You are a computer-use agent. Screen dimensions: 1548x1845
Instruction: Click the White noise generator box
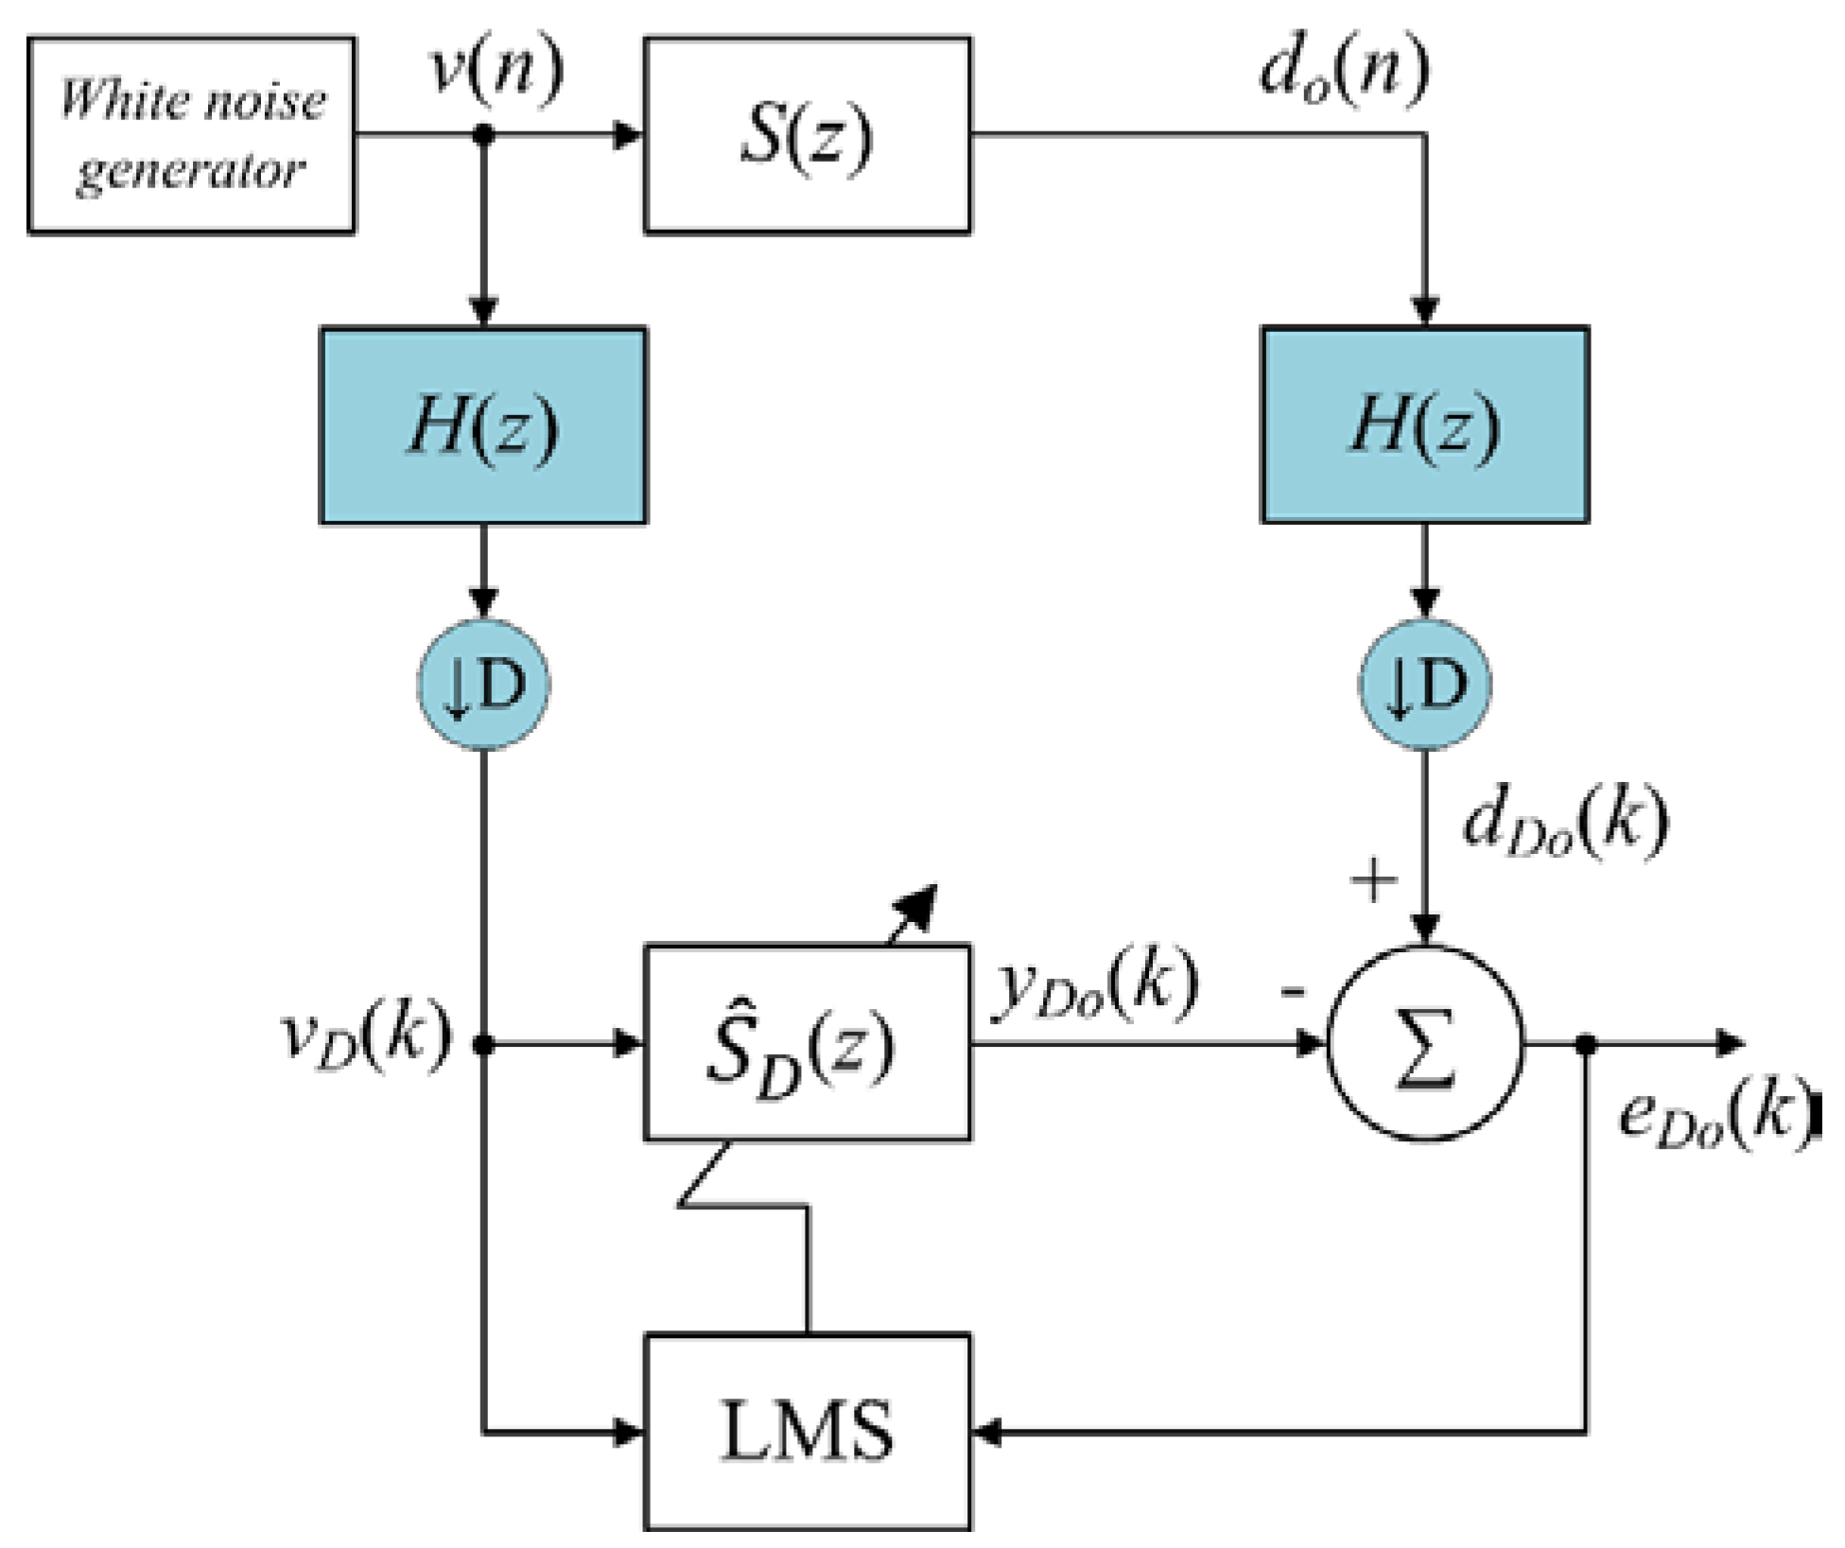(x=192, y=134)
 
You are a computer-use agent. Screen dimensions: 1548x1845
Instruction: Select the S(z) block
(x=807, y=134)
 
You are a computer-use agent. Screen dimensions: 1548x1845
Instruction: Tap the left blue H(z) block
(x=483, y=426)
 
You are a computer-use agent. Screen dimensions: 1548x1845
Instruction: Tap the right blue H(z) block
(x=1424, y=426)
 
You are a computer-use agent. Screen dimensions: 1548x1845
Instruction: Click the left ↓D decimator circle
(x=483, y=685)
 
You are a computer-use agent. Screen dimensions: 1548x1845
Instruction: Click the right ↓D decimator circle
(x=1424, y=685)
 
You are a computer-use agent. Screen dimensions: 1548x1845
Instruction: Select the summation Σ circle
(x=1424, y=1044)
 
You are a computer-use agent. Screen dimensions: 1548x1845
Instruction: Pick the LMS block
(x=807, y=1432)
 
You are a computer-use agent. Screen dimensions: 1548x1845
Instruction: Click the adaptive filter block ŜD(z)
(x=807, y=1044)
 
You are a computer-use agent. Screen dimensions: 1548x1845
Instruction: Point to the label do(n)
(x=1344, y=72)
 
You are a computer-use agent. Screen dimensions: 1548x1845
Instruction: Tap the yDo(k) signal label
(x=1095, y=987)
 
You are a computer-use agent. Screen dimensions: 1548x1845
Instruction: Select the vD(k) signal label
(x=367, y=1036)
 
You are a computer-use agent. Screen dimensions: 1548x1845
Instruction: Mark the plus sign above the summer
(x=1373, y=880)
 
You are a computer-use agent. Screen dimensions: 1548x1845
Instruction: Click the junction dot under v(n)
(x=483, y=135)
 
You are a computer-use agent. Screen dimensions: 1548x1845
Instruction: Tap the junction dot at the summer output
(x=1587, y=1044)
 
